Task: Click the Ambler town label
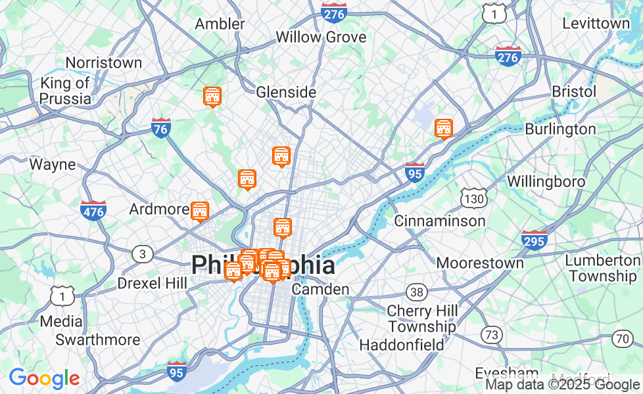pyautogui.click(x=220, y=24)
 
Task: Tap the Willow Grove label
pyautogui.click(x=321, y=37)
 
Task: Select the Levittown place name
pyautogui.click(x=596, y=23)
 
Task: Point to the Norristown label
pyautogui.click(x=104, y=62)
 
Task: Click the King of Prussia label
pyautogui.click(x=65, y=91)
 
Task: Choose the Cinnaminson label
pyautogui.click(x=440, y=221)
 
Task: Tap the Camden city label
pyautogui.click(x=320, y=289)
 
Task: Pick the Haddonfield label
pyautogui.click(x=402, y=344)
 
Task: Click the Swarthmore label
pyautogui.click(x=98, y=339)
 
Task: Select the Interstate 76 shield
pyautogui.click(x=161, y=127)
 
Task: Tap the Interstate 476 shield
pyautogui.click(x=93, y=210)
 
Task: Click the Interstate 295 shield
pyautogui.click(x=535, y=240)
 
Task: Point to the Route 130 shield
pyautogui.click(x=473, y=198)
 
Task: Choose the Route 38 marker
pyautogui.click(x=416, y=292)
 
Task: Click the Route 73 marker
pyautogui.click(x=490, y=335)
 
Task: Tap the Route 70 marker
pyautogui.click(x=621, y=339)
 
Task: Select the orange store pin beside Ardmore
pyautogui.click(x=200, y=211)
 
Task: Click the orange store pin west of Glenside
pyautogui.click(x=212, y=97)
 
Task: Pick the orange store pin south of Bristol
pyautogui.click(x=444, y=129)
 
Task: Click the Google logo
pyautogui.click(x=44, y=378)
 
